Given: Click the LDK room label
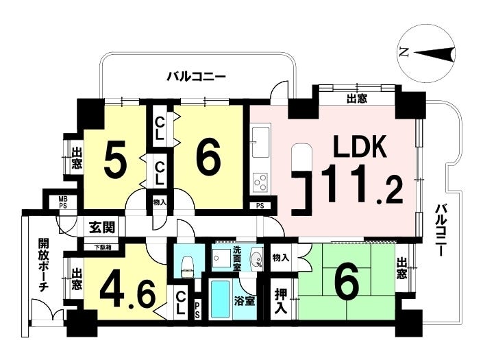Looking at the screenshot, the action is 360,147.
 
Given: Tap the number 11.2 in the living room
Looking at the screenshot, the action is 362,184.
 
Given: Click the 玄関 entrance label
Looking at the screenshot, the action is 102,227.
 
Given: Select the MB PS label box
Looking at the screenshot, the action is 63,202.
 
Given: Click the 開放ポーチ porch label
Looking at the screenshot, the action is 43,265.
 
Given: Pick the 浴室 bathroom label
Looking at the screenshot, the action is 245,301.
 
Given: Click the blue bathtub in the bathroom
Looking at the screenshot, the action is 220,300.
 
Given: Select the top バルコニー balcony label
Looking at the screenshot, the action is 197,75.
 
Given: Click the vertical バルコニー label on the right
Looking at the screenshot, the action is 441,230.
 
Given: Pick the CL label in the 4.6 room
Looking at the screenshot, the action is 181,303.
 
